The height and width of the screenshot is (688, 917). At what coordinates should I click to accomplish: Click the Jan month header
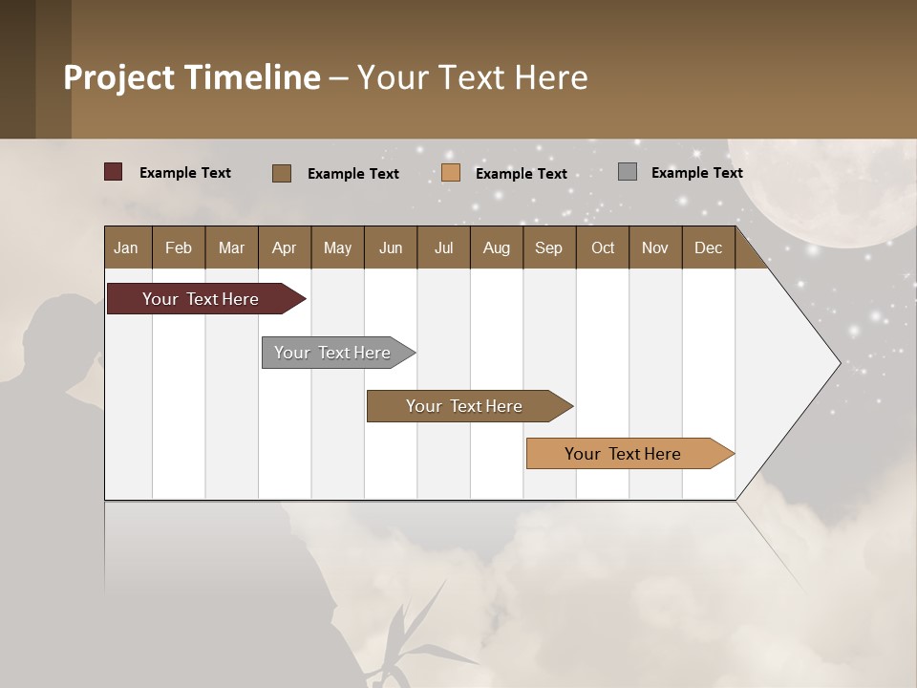pyautogui.click(x=127, y=247)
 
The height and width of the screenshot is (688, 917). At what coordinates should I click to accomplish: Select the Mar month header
pyautogui.click(x=231, y=247)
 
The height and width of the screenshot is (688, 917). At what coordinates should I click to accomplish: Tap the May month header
pyautogui.click(x=337, y=247)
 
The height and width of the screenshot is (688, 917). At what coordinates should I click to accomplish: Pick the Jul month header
pyautogui.click(x=443, y=247)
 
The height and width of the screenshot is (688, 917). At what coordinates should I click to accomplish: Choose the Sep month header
pyautogui.click(x=548, y=247)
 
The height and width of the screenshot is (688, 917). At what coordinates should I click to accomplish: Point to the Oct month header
pyautogui.click(x=603, y=247)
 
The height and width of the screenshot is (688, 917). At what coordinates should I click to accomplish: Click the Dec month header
pyautogui.click(x=708, y=247)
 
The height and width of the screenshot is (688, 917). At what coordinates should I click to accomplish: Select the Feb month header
pyautogui.click(x=179, y=247)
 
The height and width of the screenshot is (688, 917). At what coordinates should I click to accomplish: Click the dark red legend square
pyautogui.click(x=113, y=172)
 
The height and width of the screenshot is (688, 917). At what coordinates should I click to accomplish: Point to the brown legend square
pyautogui.click(x=281, y=173)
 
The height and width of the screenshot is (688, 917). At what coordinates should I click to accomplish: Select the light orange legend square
pyautogui.click(x=451, y=173)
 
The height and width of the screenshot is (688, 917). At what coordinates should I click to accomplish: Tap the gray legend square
pyautogui.click(x=628, y=172)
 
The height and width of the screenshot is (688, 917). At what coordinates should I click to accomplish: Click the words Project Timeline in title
pyautogui.click(x=192, y=77)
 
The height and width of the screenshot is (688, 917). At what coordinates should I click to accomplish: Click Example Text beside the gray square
pyautogui.click(x=696, y=173)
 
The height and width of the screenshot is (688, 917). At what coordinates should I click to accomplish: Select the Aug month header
pyautogui.click(x=496, y=247)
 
